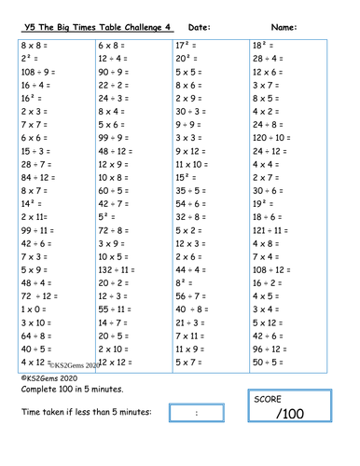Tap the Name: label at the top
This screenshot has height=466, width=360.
(284, 27)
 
